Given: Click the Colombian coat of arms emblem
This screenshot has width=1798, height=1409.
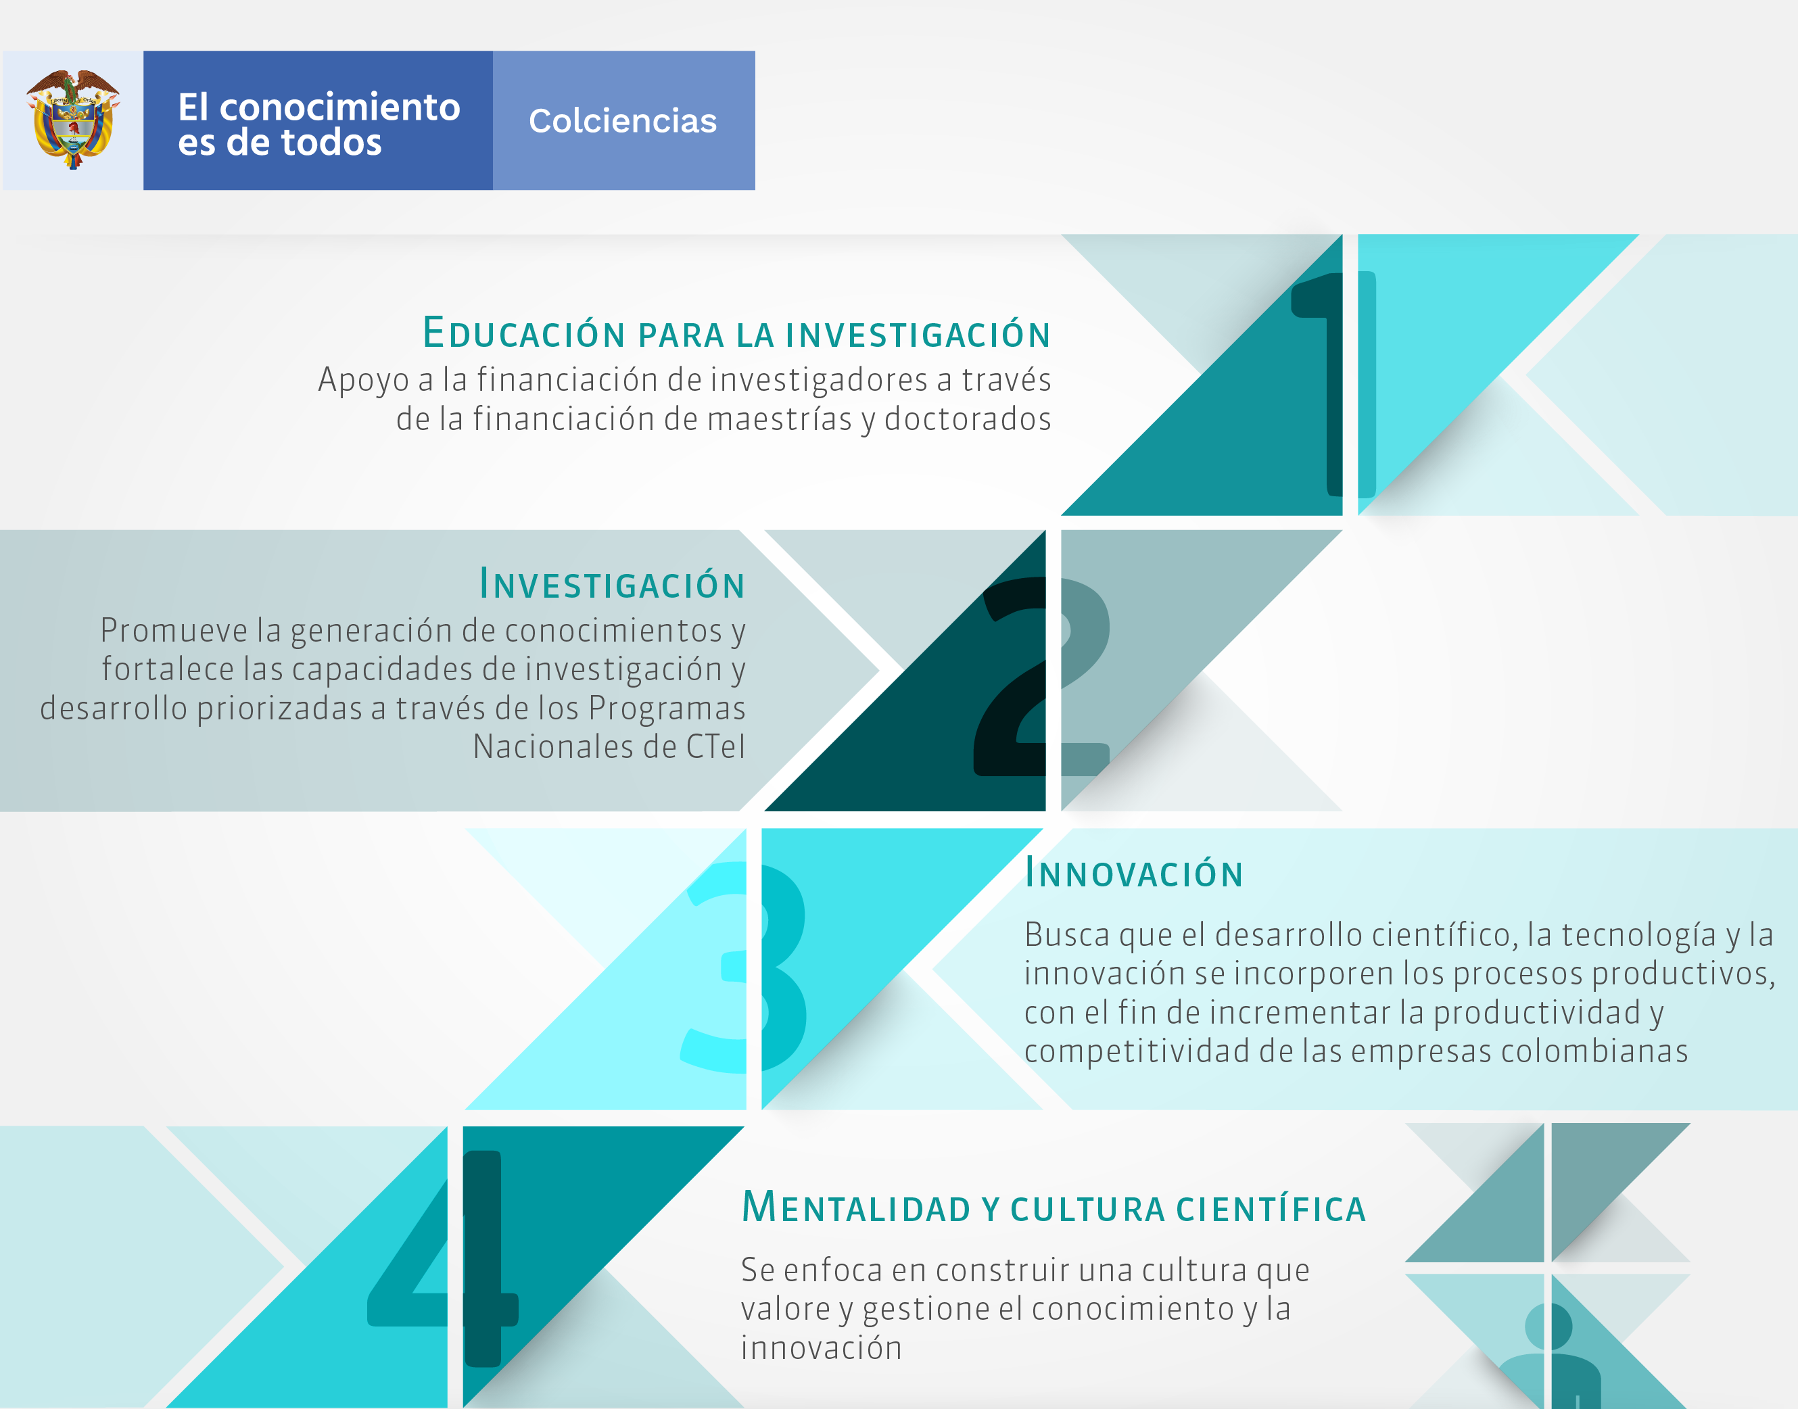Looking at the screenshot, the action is click(72, 120).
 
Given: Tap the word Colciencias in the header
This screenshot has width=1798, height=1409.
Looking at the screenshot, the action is click(623, 120).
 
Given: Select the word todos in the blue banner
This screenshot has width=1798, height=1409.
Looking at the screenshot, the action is click(332, 142).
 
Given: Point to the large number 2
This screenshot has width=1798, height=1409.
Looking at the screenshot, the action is click(1042, 677).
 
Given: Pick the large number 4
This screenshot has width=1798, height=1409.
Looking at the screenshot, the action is click(443, 1259).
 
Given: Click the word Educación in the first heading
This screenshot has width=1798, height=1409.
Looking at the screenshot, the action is click(524, 333).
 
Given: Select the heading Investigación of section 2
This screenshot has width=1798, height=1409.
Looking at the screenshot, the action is click(612, 583).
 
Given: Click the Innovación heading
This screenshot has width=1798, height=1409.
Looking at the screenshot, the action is click(1134, 873).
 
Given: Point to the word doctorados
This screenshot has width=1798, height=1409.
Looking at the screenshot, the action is click(968, 419).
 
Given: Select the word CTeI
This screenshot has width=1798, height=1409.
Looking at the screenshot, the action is click(715, 746).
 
